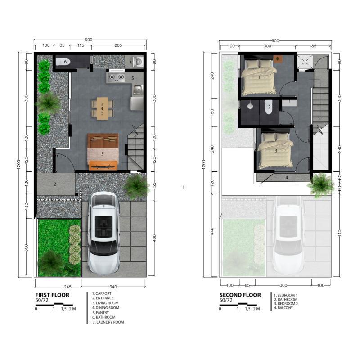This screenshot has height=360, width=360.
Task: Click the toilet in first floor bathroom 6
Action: tap(63, 62)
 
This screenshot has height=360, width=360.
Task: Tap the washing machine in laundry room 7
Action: tap(138, 62)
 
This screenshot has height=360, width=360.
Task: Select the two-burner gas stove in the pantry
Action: tap(116, 77)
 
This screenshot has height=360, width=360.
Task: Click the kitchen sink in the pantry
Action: tap(138, 90)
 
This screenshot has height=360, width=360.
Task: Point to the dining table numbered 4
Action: tap(102, 108)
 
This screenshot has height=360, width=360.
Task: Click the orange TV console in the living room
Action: tap(103, 165)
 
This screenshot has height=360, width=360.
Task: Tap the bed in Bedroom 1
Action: tap(258, 77)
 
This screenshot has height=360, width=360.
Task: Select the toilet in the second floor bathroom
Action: tap(268, 107)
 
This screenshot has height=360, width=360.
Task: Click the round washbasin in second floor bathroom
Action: tap(250, 106)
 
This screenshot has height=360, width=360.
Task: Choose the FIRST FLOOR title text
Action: tap(52, 295)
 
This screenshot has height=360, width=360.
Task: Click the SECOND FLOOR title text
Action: tap(240, 295)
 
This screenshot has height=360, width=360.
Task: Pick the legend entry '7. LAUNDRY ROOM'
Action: tap(108, 322)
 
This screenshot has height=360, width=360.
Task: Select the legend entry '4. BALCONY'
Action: tap(283, 308)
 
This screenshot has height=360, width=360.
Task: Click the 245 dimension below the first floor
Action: tap(67, 287)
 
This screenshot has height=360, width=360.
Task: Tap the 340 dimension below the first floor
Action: tap(113, 287)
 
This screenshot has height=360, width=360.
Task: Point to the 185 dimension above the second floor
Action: tap(313, 46)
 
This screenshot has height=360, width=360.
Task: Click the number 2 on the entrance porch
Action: tap(55, 184)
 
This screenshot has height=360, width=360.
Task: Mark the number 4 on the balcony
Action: tap(287, 177)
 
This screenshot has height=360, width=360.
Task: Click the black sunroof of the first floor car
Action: tap(104, 227)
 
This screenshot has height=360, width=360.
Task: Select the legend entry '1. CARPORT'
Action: tap(102, 293)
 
